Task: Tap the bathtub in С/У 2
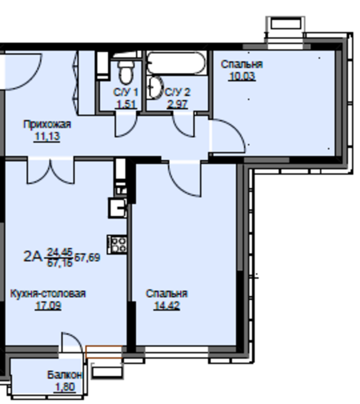[177, 63]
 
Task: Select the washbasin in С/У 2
[156, 88]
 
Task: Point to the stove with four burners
[118, 244]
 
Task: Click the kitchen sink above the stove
[118, 208]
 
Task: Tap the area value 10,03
[242, 76]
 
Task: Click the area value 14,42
[167, 305]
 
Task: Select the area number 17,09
[48, 305]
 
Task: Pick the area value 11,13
[47, 136]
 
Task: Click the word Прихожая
[47, 124]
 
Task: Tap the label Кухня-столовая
[48, 294]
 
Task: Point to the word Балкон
[65, 375]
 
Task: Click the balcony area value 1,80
[65, 387]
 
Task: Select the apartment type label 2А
[33, 257]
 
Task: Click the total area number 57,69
[87, 257]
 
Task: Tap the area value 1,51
[126, 104]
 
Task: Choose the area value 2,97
[177, 104]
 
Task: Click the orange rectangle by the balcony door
[103, 352]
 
